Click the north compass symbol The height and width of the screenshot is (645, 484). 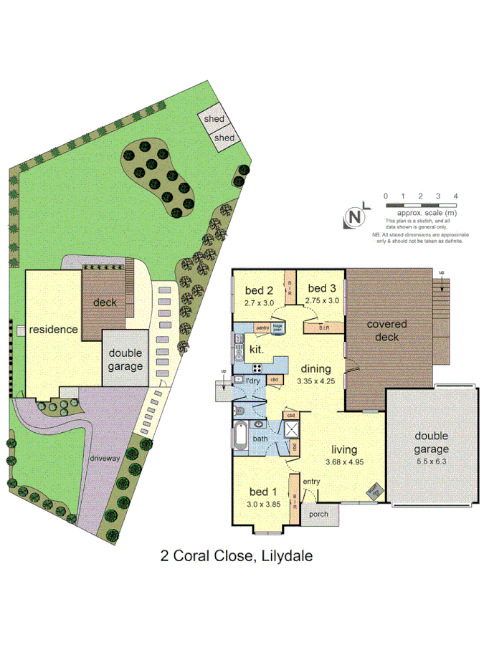pos(355,217)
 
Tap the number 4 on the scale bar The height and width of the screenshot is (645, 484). pos(455,196)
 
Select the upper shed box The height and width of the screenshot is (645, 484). pos(214,119)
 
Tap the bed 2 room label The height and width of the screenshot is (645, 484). pos(260,290)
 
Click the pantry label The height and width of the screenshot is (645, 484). pos(261,328)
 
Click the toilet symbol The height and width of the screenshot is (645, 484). pos(241,411)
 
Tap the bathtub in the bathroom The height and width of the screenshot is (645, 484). pos(241,438)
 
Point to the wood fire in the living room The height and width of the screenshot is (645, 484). pos(373,492)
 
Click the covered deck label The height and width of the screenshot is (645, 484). pos(387,330)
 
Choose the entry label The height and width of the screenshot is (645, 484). pos(311,481)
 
